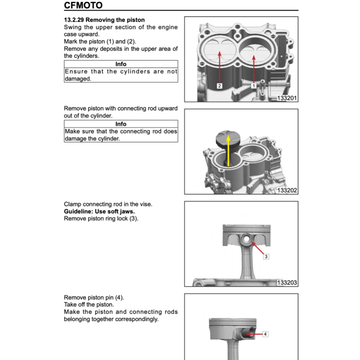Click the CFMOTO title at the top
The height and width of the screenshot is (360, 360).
pyautogui.click(x=83, y=6)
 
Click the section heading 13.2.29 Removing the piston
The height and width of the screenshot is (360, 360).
pyautogui.click(x=104, y=20)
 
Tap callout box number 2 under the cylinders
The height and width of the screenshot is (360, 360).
pyautogui.click(x=219, y=85)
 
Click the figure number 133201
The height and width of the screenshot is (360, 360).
pyautogui.click(x=287, y=98)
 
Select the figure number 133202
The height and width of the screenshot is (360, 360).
pyautogui.click(x=287, y=191)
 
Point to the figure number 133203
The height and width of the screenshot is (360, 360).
pyautogui.click(x=287, y=283)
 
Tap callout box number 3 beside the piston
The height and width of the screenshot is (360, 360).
pyautogui.click(x=266, y=257)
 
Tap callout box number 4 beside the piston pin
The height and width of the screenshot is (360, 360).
pyautogui.click(x=265, y=334)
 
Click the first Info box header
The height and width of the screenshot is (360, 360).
pyautogui.click(x=121, y=64)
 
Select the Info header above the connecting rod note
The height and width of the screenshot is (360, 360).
pyautogui.click(x=121, y=124)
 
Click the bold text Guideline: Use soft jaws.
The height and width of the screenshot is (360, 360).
pyautogui.click(x=99, y=211)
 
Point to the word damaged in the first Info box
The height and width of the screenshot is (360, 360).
pyautogui.click(x=77, y=79)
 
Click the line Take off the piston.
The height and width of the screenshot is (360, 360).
pyautogui.click(x=89, y=304)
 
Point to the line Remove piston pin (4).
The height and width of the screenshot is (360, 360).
pyautogui.click(x=94, y=297)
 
